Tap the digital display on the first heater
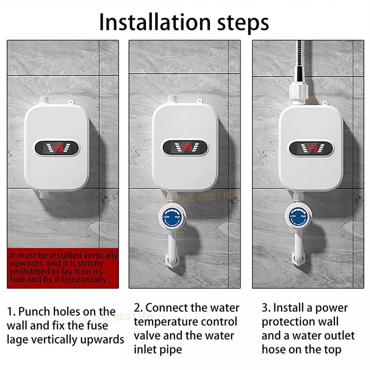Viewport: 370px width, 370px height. (x=57, y=148)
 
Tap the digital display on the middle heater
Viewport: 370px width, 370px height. (x=185, y=148)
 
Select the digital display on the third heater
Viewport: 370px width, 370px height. (x=311, y=148)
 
